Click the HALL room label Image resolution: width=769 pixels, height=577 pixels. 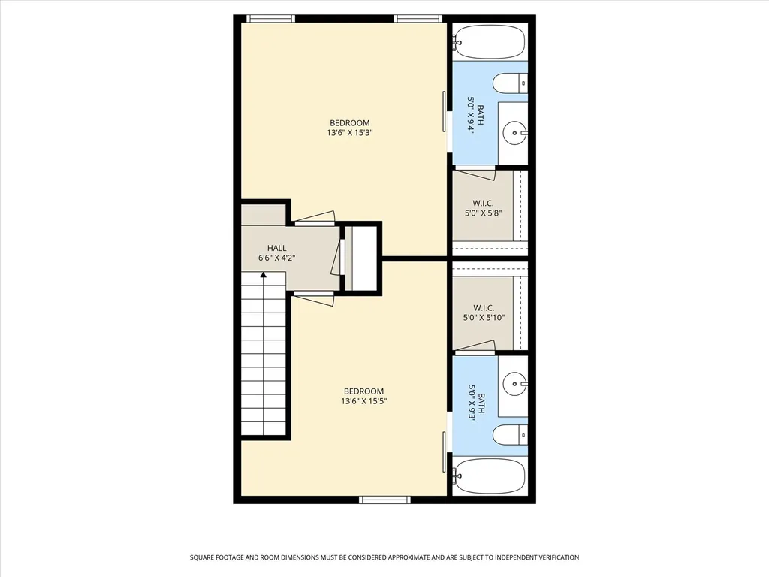point(276,248)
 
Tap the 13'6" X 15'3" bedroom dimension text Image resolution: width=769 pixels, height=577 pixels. point(349,132)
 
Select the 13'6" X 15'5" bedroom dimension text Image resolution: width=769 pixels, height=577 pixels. point(363,401)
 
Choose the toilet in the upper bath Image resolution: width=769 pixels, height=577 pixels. point(510,83)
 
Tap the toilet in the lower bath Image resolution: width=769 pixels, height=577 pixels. point(510,435)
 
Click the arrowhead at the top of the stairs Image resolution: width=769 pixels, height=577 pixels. point(264,276)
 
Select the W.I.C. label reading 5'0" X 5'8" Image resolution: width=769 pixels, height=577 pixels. point(483,208)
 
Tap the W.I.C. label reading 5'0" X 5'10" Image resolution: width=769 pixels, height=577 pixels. point(484,313)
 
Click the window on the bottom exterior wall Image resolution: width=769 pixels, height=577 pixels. point(385,500)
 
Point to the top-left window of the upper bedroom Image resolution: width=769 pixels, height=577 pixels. point(270,19)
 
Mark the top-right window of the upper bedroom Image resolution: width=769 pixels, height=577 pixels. point(418,19)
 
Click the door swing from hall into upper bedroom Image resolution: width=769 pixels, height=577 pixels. point(315,219)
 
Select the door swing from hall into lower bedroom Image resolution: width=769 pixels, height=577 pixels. point(315,298)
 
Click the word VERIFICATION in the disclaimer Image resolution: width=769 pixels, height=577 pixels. point(559,557)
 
